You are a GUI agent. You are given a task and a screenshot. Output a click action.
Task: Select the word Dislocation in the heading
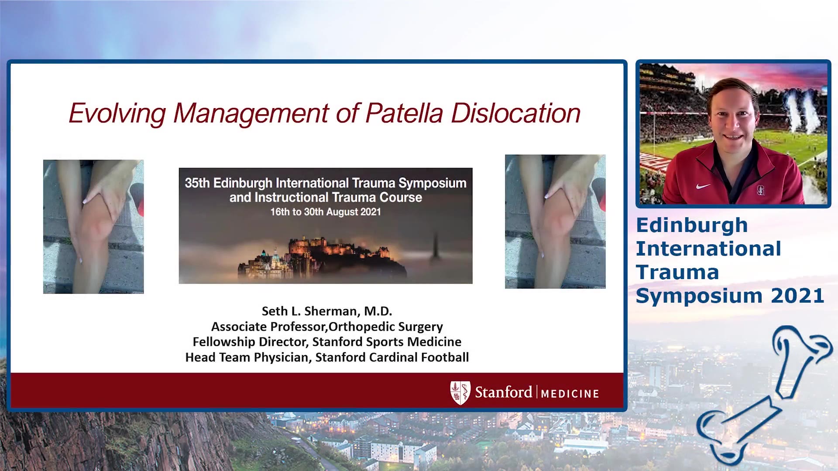coord(515,113)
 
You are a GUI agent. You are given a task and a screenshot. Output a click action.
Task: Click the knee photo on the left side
coord(93,227)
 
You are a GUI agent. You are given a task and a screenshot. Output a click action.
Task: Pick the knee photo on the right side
coord(555,222)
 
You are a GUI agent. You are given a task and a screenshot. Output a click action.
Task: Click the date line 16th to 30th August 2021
coord(326,212)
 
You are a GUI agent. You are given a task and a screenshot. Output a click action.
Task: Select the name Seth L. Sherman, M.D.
coord(327,311)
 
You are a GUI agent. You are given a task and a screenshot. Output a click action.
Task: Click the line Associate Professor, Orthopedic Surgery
coord(327,327)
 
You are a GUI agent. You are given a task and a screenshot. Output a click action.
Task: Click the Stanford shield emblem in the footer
coord(460,393)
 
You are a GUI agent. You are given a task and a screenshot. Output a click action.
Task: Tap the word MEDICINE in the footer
coord(570,394)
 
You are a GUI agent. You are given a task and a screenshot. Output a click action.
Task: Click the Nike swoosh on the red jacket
coord(703,186)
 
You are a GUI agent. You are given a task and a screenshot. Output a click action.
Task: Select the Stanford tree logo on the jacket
coord(761,190)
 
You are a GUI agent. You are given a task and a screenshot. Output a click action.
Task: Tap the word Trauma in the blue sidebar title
coord(677,273)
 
